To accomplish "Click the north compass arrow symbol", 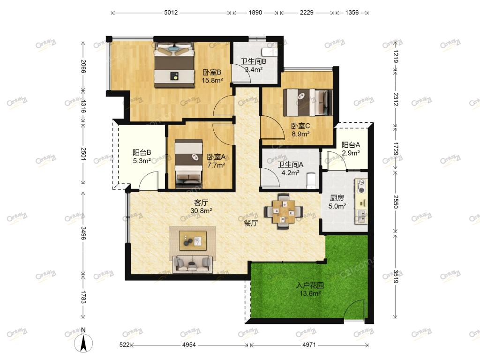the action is [83, 343].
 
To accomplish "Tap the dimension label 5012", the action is [171, 13].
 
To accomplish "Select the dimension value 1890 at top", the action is [255, 13].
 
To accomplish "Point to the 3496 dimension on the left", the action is [83, 232].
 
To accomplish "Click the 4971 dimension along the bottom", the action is [309, 345].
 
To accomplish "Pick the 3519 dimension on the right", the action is [396, 277].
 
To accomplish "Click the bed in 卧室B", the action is [174, 65].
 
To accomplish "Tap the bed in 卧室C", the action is [308, 103].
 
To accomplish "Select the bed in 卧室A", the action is [189, 164].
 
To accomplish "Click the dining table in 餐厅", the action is [284, 211].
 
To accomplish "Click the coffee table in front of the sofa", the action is [193, 239].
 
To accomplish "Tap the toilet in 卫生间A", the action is [311, 180].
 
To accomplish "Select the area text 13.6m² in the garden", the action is [310, 293].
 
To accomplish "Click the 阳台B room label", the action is [142, 152].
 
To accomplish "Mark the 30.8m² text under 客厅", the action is [201, 211].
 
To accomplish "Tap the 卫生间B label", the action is [254, 61].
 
